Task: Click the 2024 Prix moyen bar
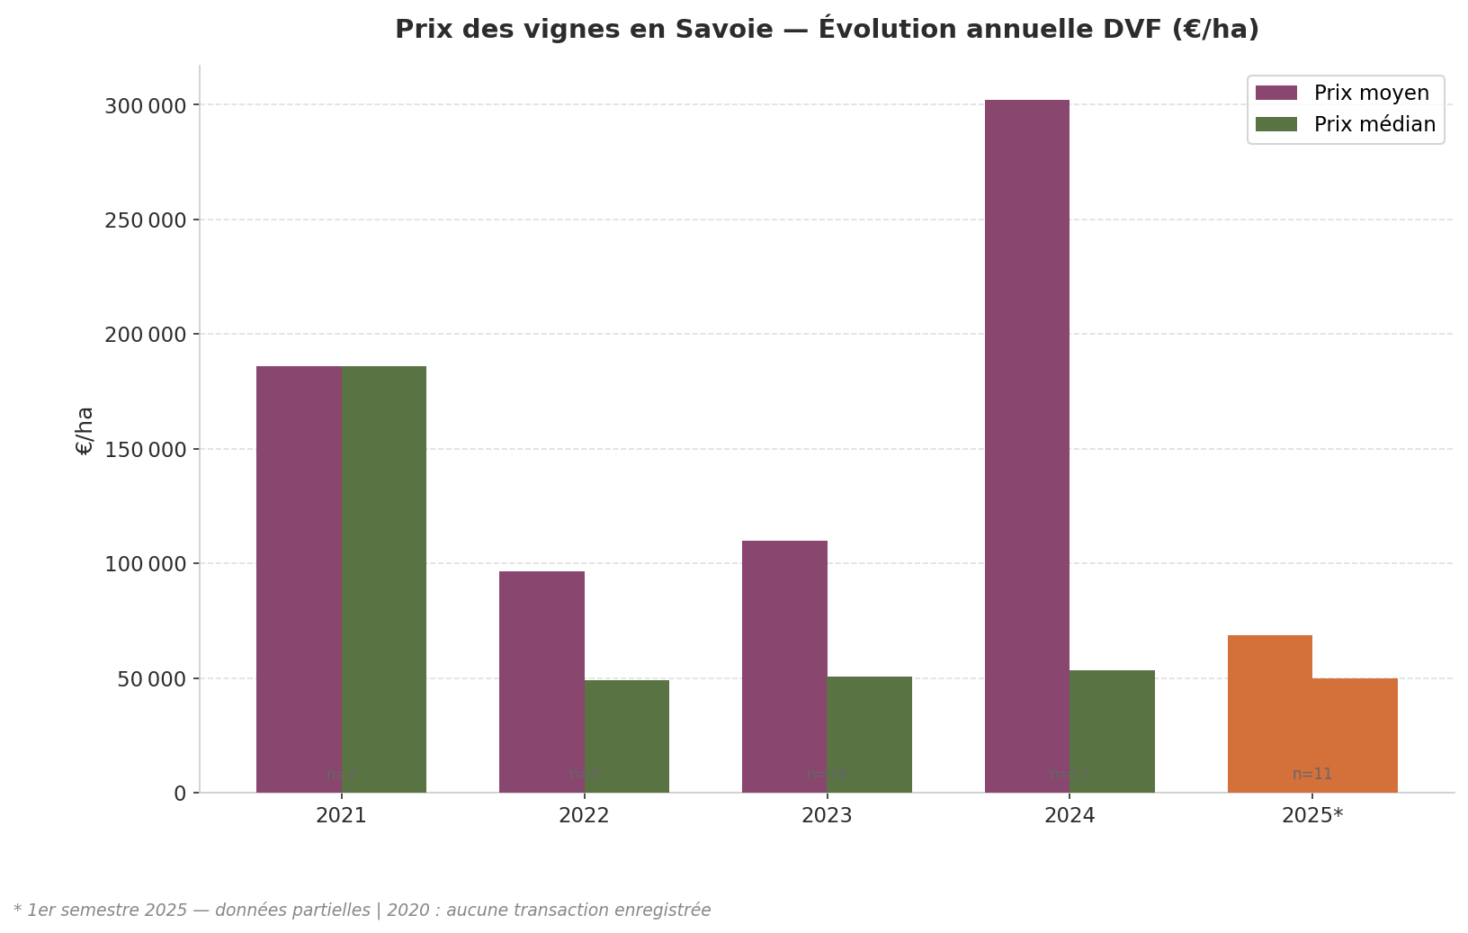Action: point(1026,445)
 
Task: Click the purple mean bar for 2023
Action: point(784,666)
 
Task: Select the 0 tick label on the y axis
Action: point(180,794)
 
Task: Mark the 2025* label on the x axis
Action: point(1312,816)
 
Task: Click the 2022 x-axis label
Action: point(584,816)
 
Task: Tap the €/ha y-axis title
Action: point(85,430)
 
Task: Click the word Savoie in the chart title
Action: point(729,30)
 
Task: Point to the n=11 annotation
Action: point(1312,774)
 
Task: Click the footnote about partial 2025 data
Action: point(362,911)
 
